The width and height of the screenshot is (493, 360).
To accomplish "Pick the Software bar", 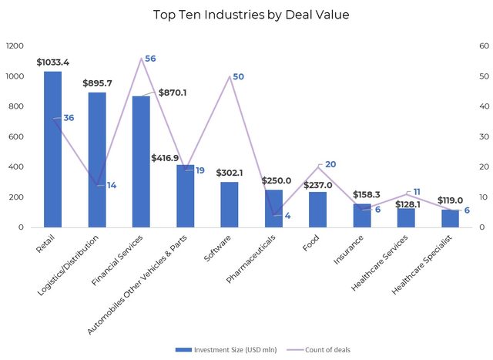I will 230,204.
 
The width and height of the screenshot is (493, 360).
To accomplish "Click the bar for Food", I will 317,210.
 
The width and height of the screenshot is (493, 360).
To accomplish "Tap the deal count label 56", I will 150,59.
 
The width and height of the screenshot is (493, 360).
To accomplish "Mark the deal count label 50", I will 238,77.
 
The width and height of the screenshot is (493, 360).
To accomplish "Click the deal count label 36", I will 69,118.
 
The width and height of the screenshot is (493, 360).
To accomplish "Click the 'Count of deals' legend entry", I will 322,349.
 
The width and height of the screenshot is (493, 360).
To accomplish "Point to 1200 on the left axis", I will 15,46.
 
